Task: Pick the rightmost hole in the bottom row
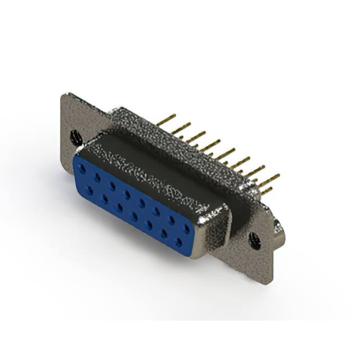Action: [179, 242]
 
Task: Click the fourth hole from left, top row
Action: [128, 193]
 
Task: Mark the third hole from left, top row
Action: [112, 186]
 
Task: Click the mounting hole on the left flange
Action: [74, 136]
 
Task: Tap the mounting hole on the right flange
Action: [254, 238]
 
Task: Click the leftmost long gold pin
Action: [166, 119]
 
